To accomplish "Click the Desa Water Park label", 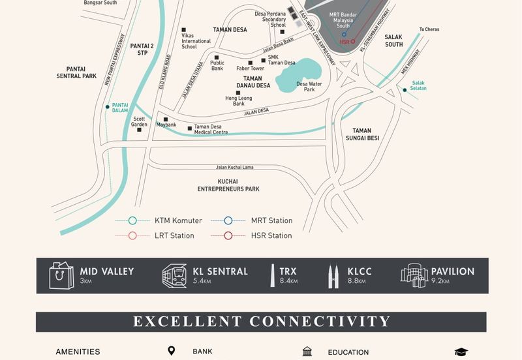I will click(309, 87).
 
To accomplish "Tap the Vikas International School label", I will click(196, 41).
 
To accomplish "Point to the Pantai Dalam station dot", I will click(108, 106).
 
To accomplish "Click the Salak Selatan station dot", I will click(405, 90).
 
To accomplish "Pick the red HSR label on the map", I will click(345, 42).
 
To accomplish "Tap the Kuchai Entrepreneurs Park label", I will click(228, 185).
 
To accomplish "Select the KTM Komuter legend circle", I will click(132, 220).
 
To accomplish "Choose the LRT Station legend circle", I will click(132, 235).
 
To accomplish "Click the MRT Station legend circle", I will click(228, 220).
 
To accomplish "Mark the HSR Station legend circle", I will click(228, 235).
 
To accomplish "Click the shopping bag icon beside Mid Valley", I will click(62, 275).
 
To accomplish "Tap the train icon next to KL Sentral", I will click(174, 276).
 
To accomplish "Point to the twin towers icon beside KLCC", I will click(333, 276).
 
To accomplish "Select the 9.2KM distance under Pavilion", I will click(441, 282).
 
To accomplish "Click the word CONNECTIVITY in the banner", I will click(320, 322).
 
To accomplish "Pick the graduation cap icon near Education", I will click(461, 352).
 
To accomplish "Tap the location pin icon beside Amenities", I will click(172, 352).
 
